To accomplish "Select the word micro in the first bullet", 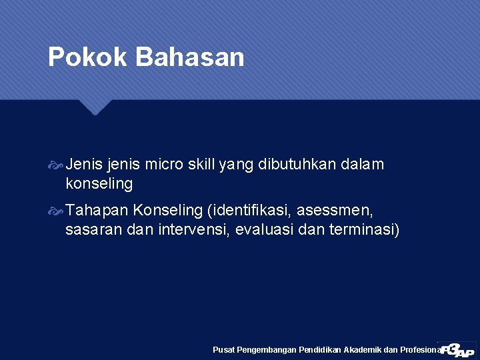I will click(x=164, y=164).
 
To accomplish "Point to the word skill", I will click(x=201, y=164).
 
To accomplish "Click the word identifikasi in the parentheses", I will click(x=251, y=211).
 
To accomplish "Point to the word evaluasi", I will click(x=262, y=230).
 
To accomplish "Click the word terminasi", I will click(x=363, y=230).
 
